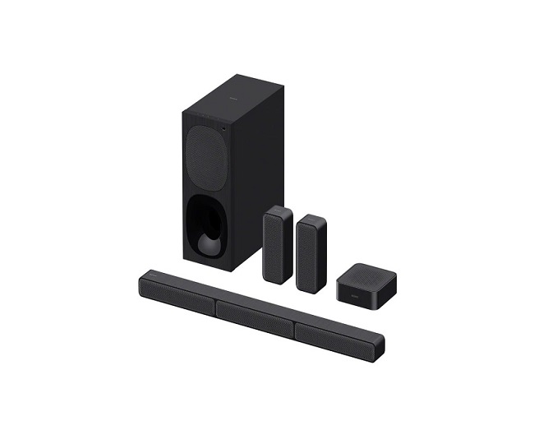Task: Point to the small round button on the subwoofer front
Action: click(222, 129)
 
